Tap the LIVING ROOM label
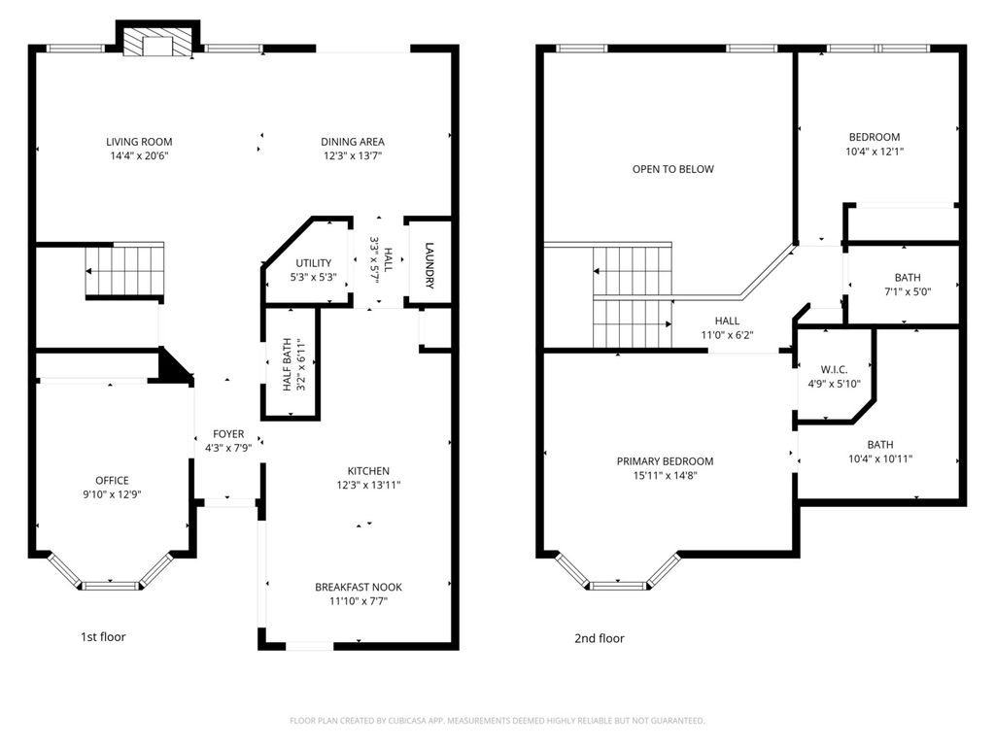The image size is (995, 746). [139, 142]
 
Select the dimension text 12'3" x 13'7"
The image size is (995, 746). [353, 155]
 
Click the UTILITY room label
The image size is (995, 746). [314, 262]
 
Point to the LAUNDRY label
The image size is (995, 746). [429, 265]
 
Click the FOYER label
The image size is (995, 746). [228, 434]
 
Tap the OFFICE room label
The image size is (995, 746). [113, 480]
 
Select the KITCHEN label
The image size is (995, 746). [368, 471]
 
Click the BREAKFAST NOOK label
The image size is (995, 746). [359, 587]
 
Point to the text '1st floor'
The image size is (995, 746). [103, 636]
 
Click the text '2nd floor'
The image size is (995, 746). [599, 638]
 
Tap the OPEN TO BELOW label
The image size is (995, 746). [673, 169]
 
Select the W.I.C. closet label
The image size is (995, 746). [834, 369]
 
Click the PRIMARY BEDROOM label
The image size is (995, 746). [665, 461]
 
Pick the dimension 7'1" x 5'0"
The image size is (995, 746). [908, 291]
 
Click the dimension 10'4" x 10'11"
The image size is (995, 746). [880, 458]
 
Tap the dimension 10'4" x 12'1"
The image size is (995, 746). [875, 151]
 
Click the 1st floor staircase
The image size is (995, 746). [125, 271]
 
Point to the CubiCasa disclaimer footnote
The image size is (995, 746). [497, 721]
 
